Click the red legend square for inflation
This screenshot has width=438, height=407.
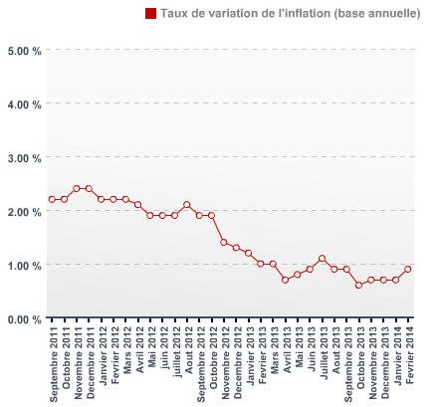click(151, 13)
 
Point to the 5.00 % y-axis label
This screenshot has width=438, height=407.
click(23, 50)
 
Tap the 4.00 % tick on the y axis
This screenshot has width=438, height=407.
click(23, 103)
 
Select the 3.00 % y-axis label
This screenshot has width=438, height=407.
click(23, 157)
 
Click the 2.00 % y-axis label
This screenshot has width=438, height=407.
click(23, 211)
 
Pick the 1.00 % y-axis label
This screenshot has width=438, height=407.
click(23, 265)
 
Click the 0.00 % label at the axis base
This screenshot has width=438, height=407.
click(23, 318)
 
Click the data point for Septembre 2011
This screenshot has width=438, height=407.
click(52, 199)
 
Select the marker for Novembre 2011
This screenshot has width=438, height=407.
click(77, 188)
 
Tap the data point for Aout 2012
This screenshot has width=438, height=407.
click(187, 205)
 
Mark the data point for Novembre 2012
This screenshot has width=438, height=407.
click(224, 242)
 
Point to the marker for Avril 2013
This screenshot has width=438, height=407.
click(285, 280)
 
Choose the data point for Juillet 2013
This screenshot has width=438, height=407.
click(322, 259)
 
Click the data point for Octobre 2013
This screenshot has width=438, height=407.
click(358, 286)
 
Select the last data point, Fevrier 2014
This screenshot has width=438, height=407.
click(408, 269)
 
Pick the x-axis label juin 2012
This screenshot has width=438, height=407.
click(163, 348)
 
